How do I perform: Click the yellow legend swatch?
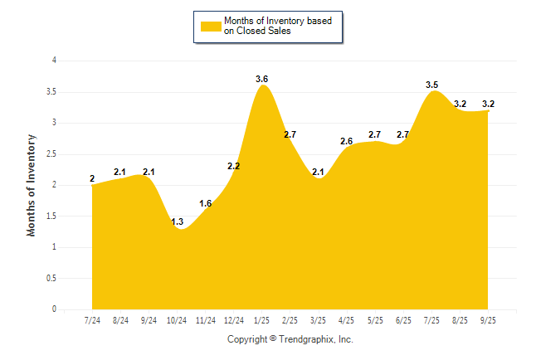(211, 26)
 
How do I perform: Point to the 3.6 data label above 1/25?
(262, 79)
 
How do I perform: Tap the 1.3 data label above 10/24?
(177, 221)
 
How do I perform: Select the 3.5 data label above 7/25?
(432, 85)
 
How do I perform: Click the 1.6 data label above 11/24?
(206, 203)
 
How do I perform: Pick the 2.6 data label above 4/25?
(347, 141)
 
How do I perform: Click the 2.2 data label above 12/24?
(234, 166)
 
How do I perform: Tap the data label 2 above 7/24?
(92, 178)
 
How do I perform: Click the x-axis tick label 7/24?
(92, 320)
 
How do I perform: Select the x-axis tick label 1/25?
(262, 320)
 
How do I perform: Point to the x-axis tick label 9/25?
(489, 320)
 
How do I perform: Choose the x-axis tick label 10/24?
(177, 320)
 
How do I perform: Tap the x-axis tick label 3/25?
(319, 320)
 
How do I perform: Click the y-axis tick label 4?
(54, 61)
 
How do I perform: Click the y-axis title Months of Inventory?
(32, 185)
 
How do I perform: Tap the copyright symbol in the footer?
(274, 339)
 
